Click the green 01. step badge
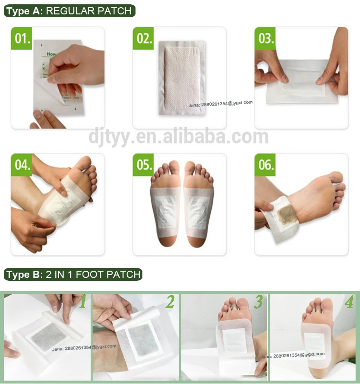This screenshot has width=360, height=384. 21,38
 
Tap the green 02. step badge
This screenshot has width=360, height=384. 143,38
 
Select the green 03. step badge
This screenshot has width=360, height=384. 265,38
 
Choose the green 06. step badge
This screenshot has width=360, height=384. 265,165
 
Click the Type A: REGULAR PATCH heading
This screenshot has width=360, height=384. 69,11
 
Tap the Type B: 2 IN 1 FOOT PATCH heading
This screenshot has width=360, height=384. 73,275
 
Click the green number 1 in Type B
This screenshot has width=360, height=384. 83,302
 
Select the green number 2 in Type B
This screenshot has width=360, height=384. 170,302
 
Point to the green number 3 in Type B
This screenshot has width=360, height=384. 258,302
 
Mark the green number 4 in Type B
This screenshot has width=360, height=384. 348,302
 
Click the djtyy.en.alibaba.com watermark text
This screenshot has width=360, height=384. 179,136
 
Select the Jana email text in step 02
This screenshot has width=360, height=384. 220,102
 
